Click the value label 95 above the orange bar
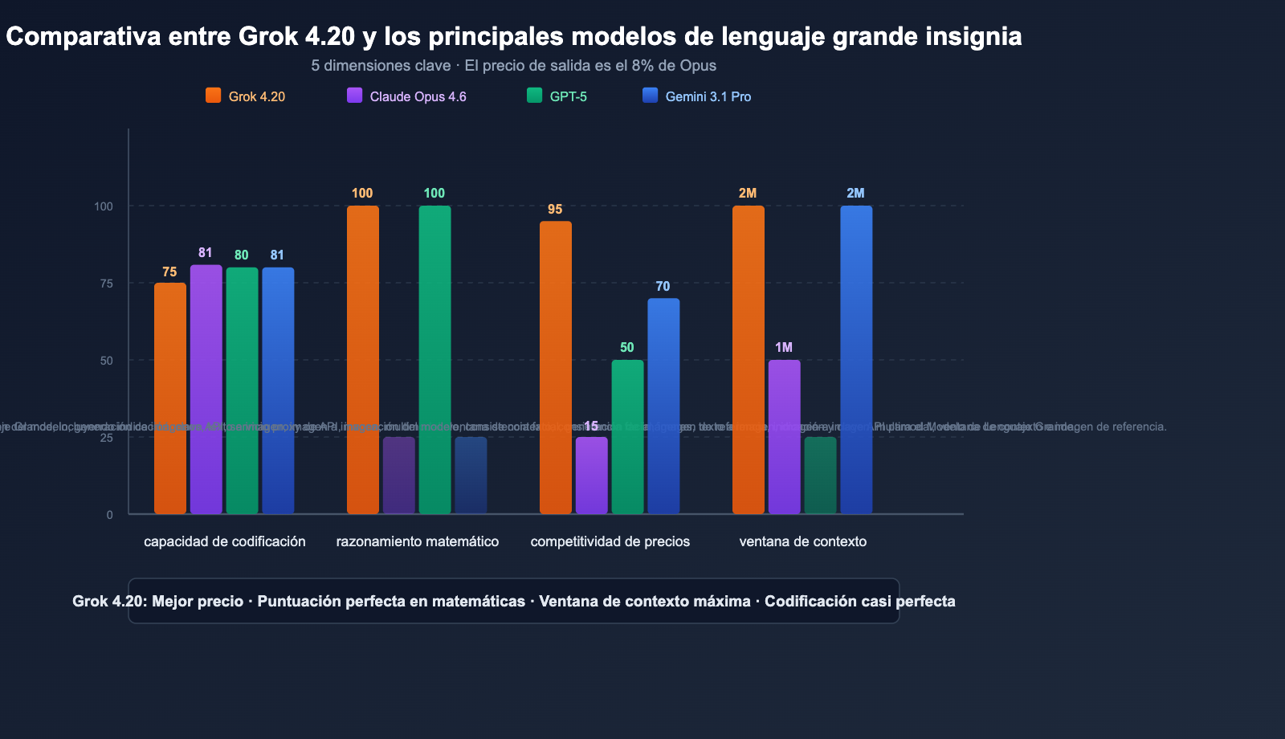(555, 210)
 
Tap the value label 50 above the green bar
(627, 348)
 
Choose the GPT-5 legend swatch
(535, 96)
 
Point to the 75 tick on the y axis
(106, 284)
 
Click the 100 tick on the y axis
(104, 206)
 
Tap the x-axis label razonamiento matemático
(418, 541)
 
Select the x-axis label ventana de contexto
(803, 541)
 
